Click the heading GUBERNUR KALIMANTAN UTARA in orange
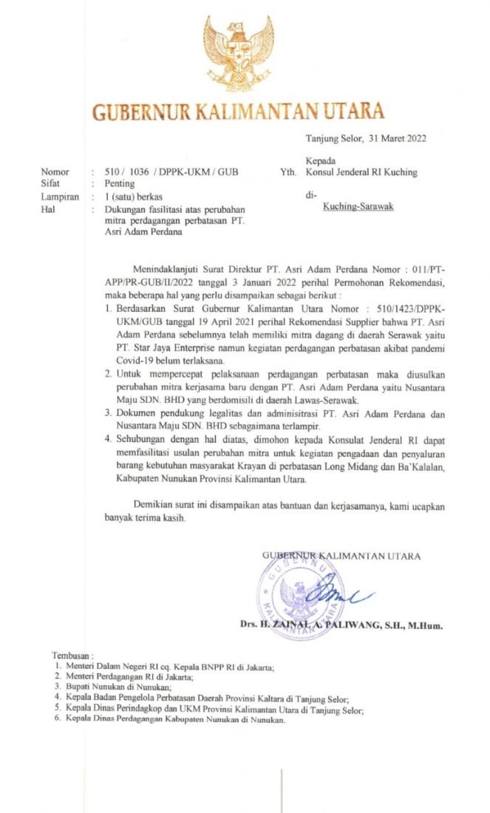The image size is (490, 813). click(x=238, y=112)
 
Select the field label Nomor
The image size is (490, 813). click(x=55, y=172)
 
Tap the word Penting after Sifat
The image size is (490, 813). click(x=118, y=183)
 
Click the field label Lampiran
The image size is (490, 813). click(x=60, y=197)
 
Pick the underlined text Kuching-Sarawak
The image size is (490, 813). click(x=358, y=207)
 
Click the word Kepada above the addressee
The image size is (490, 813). click(x=320, y=160)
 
